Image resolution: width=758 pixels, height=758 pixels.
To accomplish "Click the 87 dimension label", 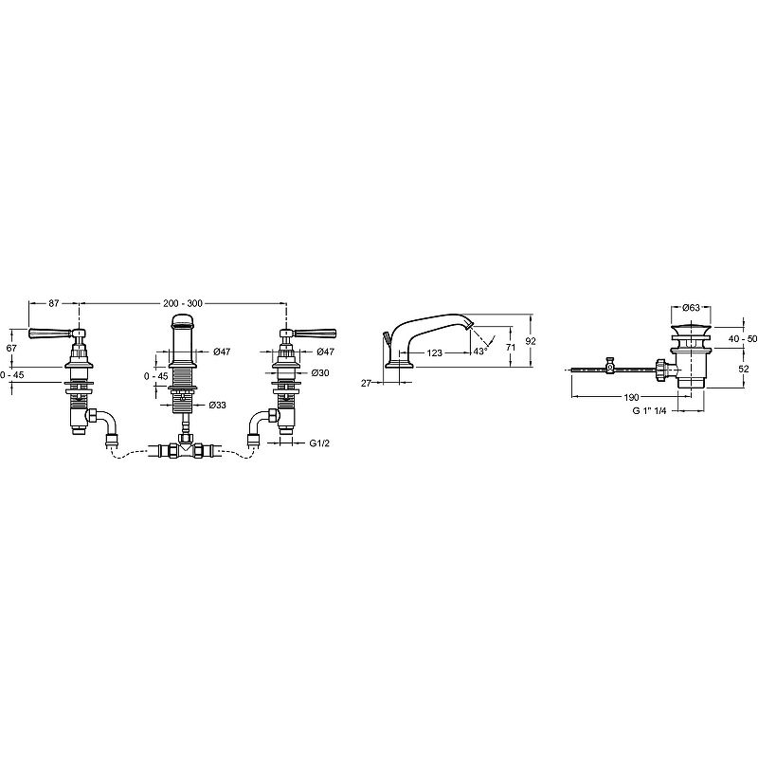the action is [x=54, y=303].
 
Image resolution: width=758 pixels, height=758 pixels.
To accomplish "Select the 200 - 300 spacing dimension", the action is [x=183, y=303].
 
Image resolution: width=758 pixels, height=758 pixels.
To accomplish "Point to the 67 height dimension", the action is [x=11, y=348].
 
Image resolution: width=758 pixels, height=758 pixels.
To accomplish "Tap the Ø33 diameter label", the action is [x=218, y=406].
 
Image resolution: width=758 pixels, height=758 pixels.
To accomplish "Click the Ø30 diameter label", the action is [x=320, y=372].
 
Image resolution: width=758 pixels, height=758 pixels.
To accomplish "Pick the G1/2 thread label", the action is [x=319, y=442].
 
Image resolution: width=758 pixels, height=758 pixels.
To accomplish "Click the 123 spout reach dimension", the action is [x=435, y=352].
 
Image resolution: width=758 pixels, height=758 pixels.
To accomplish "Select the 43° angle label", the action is [x=480, y=352].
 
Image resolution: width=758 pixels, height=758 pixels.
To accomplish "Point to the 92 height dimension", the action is [x=531, y=341].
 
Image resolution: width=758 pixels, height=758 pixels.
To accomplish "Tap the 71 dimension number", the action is [x=510, y=347].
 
